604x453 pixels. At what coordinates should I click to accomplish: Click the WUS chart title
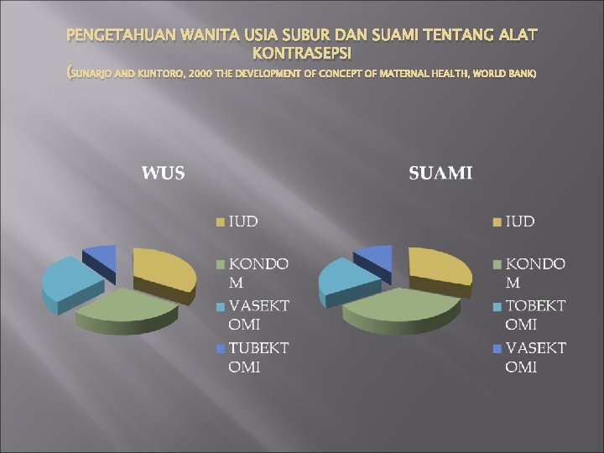[164, 174]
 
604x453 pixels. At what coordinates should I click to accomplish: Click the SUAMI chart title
[440, 174]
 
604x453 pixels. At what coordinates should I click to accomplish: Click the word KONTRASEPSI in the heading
[302, 53]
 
